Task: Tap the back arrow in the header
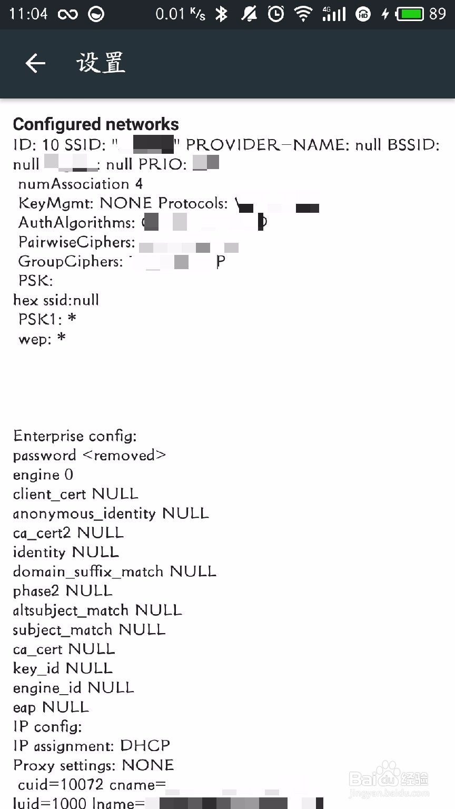[x=35, y=63]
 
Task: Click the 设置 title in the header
[x=101, y=63]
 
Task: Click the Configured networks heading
[x=96, y=124]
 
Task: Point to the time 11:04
[x=28, y=14]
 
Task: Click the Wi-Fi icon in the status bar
[x=303, y=14]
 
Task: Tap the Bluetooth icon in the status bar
[x=221, y=14]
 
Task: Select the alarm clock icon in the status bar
[x=276, y=14]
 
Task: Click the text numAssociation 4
[x=80, y=184]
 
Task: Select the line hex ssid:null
[x=56, y=300]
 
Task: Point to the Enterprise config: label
[x=75, y=436]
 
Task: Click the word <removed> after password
[x=124, y=455]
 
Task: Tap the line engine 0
[x=43, y=475]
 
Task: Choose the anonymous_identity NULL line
[x=111, y=514]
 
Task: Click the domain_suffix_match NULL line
[x=114, y=571]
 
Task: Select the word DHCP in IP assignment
[x=145, y=746]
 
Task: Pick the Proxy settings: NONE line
[x=93, y=765]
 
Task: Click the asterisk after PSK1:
[x=72, y=319]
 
